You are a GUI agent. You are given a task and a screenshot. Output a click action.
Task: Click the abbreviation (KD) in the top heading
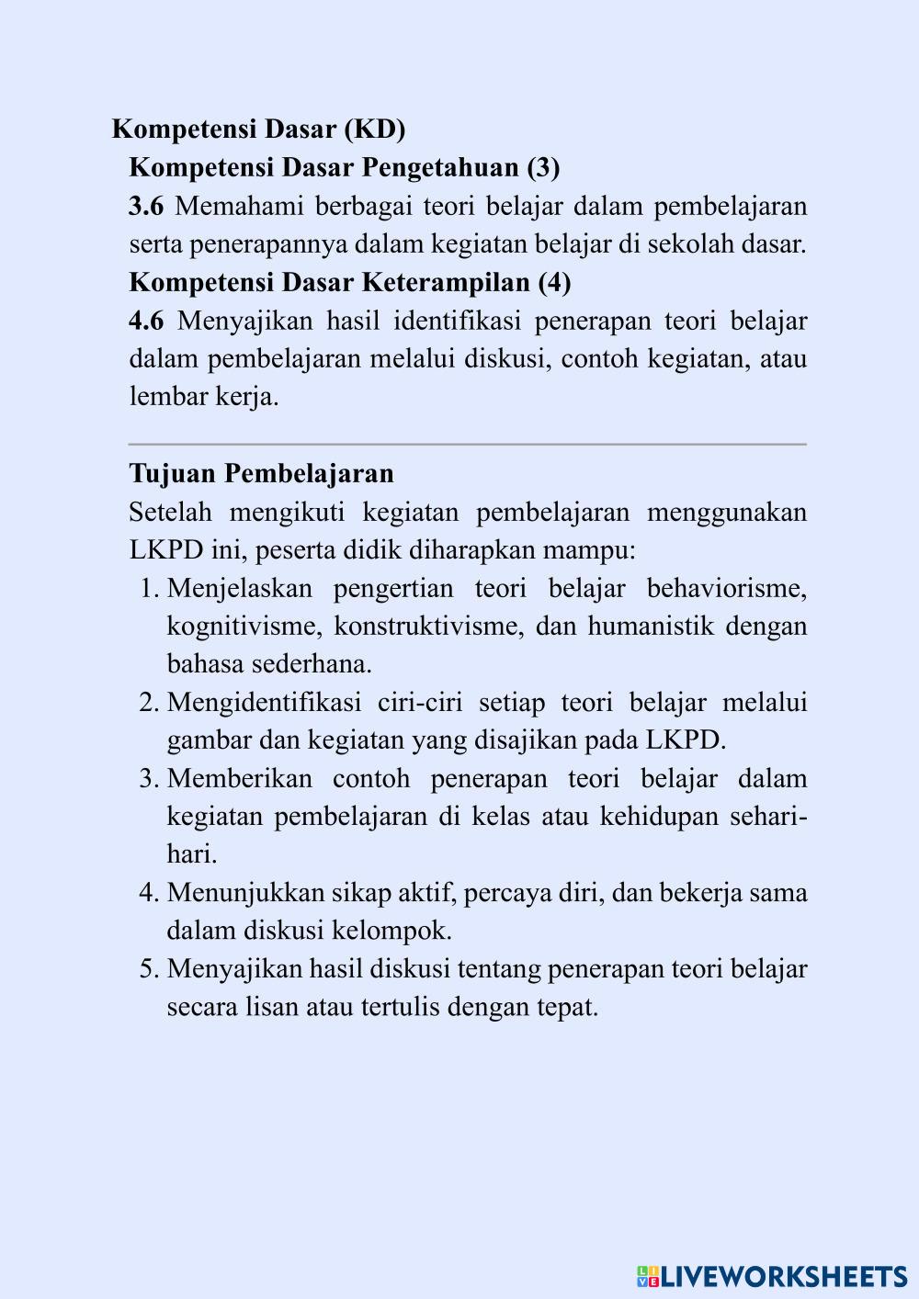tap(374, 130)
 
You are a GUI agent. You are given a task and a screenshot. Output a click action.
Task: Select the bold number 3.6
tap(146, 206)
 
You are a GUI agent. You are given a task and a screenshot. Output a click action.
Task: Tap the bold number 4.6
tap(146, 321)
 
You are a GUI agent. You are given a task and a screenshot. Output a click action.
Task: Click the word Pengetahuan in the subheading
tap(440, 168)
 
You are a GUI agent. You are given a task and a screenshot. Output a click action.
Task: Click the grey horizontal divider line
tap(467, 445)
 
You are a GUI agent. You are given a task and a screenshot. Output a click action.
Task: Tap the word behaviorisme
tap(726, 588)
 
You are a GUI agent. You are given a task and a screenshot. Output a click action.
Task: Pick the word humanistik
tap(651, 627)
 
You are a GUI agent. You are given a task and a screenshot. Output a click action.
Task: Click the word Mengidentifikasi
tap(264, 703)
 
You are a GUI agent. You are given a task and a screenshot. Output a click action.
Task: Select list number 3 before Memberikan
tap(149, 779)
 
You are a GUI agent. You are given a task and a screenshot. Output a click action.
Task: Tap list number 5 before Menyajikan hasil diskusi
tap(149, 969)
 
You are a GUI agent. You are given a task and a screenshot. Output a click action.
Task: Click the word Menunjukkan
tap(245, 893)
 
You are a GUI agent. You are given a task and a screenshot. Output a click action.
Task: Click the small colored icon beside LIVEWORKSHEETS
tap(648, 1276)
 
